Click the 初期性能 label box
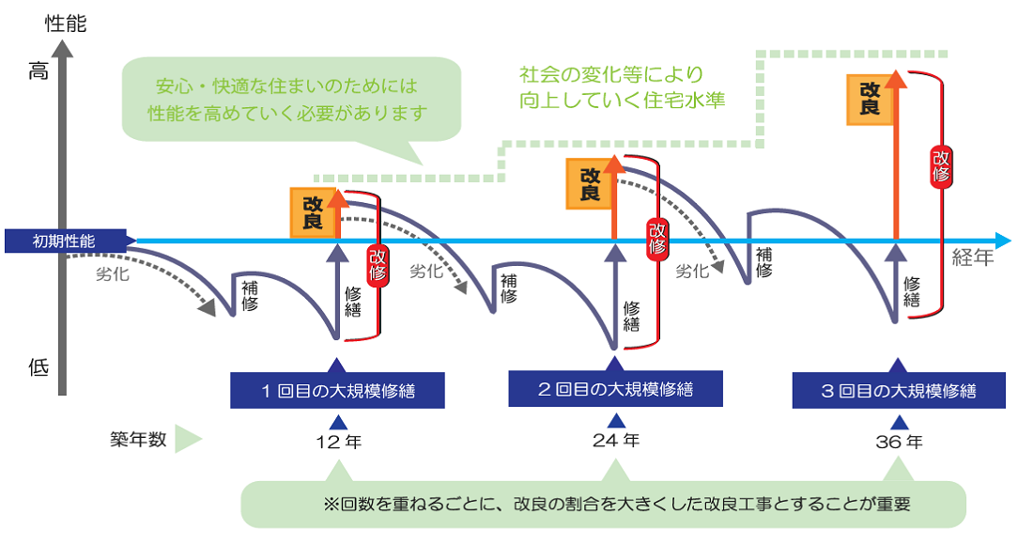point(64,241)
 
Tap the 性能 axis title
point(65,23)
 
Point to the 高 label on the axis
point(39,71)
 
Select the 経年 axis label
point(972,258)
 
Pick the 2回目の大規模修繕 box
point(615,389)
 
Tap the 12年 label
point(339,440)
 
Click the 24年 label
point(616,439)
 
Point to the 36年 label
point(899,440)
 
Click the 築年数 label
point(138,439)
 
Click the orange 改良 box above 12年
point(314,212)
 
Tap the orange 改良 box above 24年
point(591,183)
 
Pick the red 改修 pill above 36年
point(941,165)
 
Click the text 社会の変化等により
point(610,73)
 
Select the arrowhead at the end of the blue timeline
point(1004,241)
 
